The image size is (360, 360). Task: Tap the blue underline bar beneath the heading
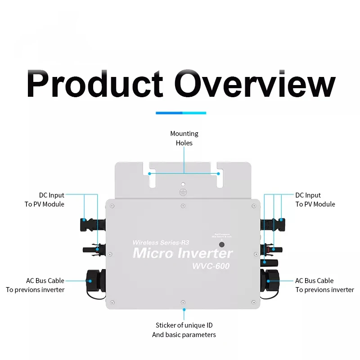tap(180, 112)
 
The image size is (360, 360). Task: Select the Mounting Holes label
tap(184, 138)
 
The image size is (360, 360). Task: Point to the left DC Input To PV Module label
tap(44, 200)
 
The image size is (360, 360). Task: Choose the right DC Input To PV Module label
tap(315, 200)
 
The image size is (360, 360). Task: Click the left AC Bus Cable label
tap(35, 285)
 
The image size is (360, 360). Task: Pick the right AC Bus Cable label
tap(324, 285)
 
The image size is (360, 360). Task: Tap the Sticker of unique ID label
tap(184, 330)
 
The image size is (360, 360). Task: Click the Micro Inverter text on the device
tap(183, 253)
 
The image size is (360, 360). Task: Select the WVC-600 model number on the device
tap(211, 266)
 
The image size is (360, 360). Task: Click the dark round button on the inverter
tap(221, 245)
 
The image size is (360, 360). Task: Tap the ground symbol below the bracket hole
tap(183, 192)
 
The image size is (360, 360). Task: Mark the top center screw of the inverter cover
tap(183, 206)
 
